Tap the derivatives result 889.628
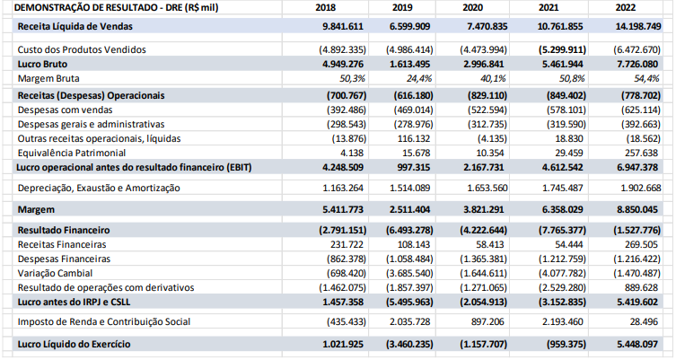[640, 286]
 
